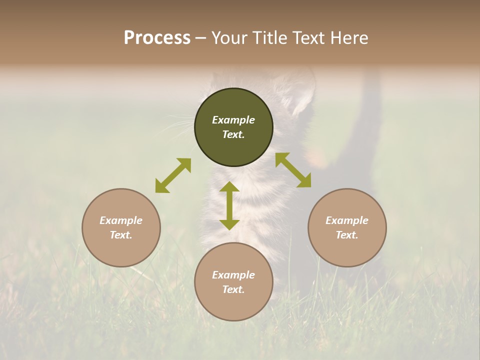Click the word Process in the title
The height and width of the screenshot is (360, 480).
157,38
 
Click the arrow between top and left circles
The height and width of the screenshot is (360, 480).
173,175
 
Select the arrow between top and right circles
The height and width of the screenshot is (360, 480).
293,170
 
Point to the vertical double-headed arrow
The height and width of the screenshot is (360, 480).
229,206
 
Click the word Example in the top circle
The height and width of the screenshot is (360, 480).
233,120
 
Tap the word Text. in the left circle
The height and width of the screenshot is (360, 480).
121,235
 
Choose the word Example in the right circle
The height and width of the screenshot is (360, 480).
347,220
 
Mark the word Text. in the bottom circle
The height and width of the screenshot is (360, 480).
233,289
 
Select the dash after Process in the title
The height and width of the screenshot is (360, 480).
200,38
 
